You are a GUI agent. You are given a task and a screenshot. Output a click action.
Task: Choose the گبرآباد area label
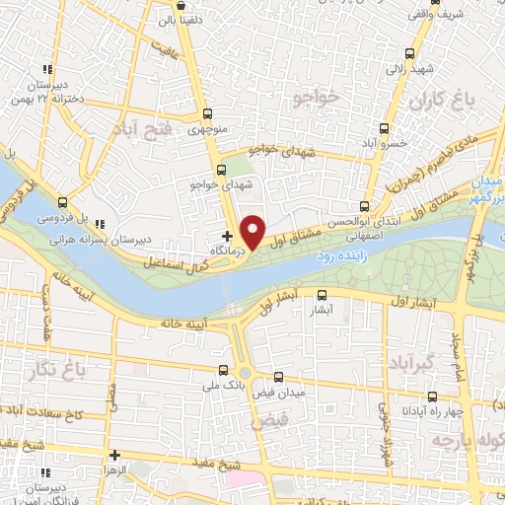coord(413,365)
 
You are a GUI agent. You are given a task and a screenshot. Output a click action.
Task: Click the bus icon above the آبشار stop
coord(322,294)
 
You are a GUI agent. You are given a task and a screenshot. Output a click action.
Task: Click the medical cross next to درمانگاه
coord(227,236)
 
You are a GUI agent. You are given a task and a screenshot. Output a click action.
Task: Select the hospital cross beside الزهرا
coord(115,456)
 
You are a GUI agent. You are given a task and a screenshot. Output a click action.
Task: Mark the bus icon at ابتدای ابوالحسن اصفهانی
coord(364,207)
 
